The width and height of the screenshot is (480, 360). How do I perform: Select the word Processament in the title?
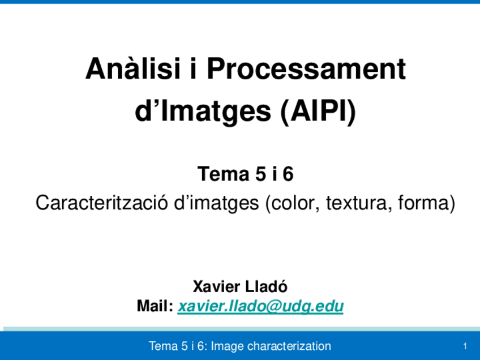point(306,70)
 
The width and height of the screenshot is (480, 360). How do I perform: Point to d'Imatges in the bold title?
point(203,112)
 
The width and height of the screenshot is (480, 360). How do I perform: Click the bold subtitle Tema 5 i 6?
point(245,174)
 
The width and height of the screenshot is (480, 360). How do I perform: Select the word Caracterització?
point(101,203)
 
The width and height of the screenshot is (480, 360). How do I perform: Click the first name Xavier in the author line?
point(218,286)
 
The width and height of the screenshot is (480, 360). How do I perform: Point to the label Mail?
point(155,307)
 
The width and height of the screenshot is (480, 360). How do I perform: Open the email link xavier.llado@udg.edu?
point(260,307)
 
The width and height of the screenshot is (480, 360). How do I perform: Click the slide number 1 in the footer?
point(464,346)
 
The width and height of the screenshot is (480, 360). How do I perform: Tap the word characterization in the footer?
point(289,346)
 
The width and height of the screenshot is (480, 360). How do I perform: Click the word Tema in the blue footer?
point(162,346)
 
